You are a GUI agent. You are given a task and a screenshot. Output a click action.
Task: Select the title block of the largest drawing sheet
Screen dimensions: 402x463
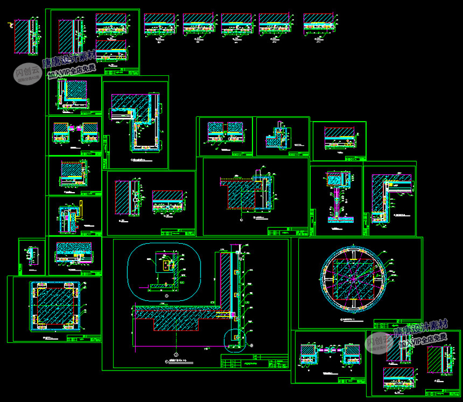coord(254,361)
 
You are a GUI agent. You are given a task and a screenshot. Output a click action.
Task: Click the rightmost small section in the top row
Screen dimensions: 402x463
coord(319,26)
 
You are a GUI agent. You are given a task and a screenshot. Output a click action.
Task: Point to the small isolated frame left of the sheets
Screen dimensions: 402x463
coord(28,254)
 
